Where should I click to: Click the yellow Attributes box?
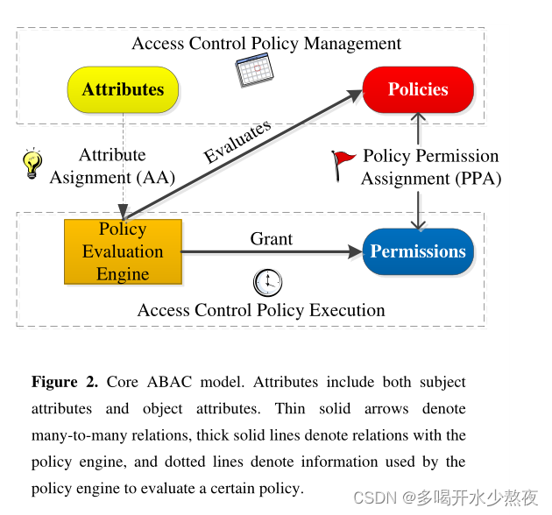click(x=123, y=89)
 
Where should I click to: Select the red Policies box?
click(x=418, y=89)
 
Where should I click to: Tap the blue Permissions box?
click(x=418, y=251)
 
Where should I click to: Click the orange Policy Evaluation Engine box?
click(x=123, y=251)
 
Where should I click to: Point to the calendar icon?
click(x=255, y=70)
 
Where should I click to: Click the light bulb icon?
click(x=32, y=164)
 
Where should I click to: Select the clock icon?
click(x=267, y=282)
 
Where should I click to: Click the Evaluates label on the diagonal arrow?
click(x=237, y=142)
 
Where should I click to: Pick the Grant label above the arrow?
click(x=272, y=238)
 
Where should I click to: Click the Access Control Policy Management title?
click(x=266, y=43)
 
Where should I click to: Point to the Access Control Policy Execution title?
click(x=261, y=310)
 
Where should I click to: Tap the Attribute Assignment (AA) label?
click(x=112, y=166)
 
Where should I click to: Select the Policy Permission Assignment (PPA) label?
click(x=431, y=166)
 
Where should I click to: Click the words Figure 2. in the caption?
click(x=66, y=382)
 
